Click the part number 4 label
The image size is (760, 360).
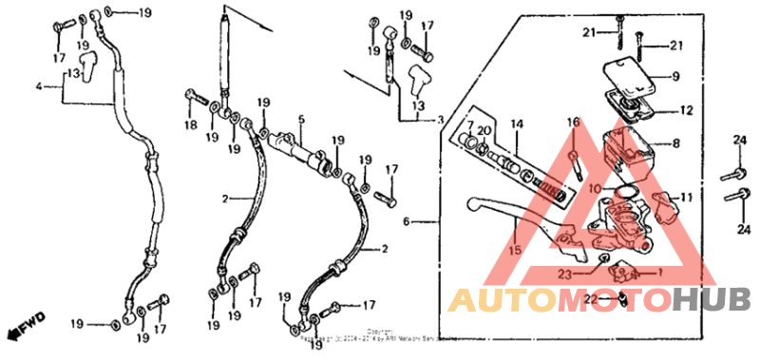click(40, 86)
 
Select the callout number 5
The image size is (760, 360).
click(300, 120)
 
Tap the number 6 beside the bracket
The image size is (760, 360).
click(406, 221)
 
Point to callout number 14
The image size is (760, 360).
click(517, 124)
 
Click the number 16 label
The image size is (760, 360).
click(573, 123)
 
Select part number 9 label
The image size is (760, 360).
click(676, 77)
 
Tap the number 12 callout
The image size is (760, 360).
click(686, 111)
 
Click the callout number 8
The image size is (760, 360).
click(676, 144)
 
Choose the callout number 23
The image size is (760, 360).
click(563, 274)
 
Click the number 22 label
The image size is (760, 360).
click(590, 300)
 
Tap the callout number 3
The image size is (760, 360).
click(440, 121)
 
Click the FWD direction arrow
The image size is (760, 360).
click(18, 330)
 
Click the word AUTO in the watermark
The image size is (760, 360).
click(495, 302)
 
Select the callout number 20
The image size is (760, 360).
click(484, 130)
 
